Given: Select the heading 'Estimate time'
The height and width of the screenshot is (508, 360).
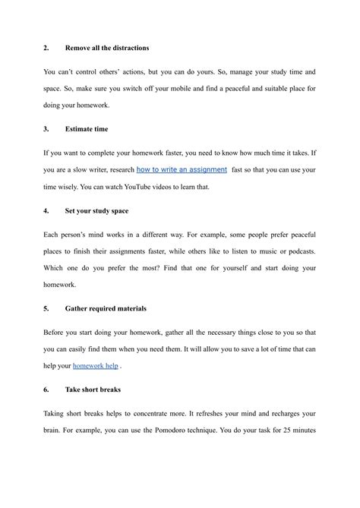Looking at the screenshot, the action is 88,130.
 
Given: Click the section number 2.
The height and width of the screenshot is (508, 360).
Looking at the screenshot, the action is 46,49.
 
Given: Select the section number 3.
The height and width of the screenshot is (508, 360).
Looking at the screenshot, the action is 46,130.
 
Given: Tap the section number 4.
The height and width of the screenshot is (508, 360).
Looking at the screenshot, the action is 46,210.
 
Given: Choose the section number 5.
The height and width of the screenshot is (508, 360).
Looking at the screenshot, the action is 46,309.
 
